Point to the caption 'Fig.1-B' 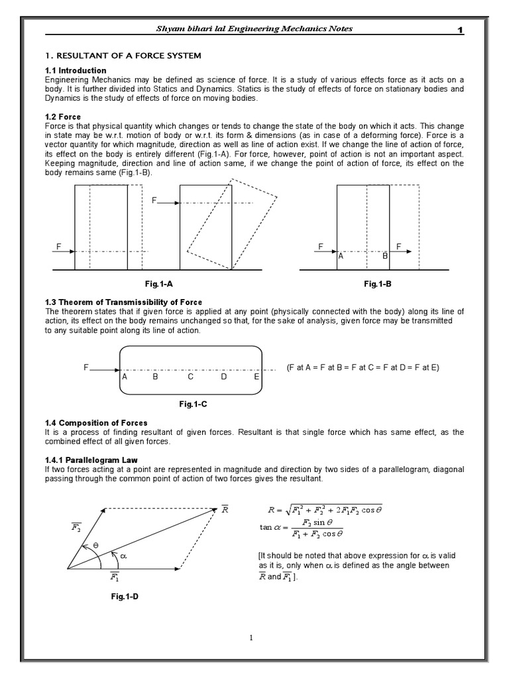[x=378, y=284]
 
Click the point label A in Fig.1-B [x=341, y=255]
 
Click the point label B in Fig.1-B [x=384, y=255]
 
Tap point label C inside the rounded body [x=190, y=377]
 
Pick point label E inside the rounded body [x=256, y=377]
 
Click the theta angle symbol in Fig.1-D [x=95, y=544]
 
